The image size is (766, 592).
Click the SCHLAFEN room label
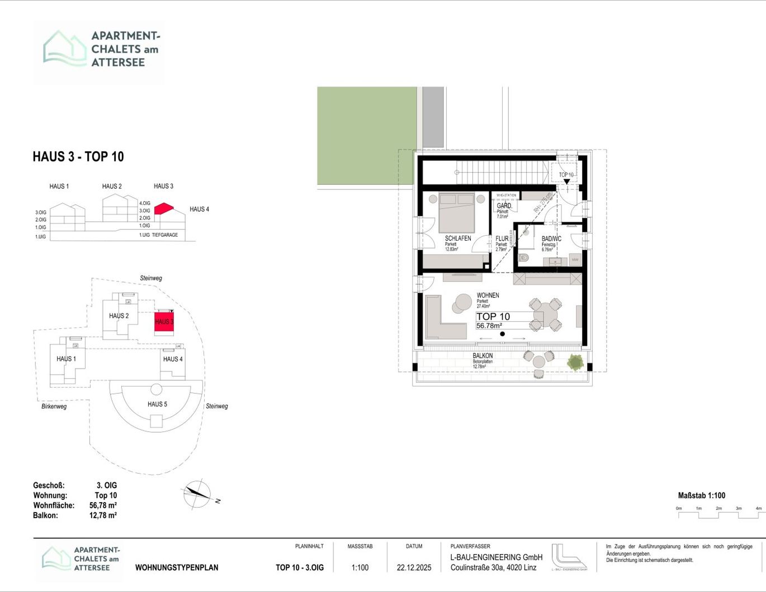click(457, 238)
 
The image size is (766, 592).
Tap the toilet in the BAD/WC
click(524, 257)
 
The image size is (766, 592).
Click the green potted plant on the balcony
click(575, 362)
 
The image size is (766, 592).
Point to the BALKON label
click(483, 356)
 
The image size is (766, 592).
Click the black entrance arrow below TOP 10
click(566, 182)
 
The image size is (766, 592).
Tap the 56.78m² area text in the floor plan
click(489, 326)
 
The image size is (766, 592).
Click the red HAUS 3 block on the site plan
click(164, 322)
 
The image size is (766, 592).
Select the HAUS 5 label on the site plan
click(157, 404)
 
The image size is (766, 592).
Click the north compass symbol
click(196, 494)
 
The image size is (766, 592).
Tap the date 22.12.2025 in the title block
click(414, 567)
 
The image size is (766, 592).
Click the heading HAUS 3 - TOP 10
click(78, 157)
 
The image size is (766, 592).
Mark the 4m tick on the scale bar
click(758, 509)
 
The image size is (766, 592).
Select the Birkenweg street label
click(54, 407)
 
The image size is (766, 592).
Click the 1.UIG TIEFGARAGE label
click(158, 235)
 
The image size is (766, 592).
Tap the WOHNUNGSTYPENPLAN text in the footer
click(177, 567)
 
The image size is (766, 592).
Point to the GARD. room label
click(504, 206)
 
